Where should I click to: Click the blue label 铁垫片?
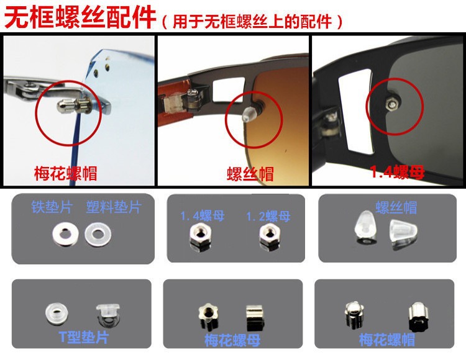click(52, 207)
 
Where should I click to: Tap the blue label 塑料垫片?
click(114, 207)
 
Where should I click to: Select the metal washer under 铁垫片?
click(65, 235)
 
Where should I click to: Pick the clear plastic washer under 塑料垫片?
click(98, 235)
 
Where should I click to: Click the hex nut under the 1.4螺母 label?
click(201, 237)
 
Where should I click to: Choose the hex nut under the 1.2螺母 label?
click(269, 236)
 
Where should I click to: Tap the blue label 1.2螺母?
click(268, 217)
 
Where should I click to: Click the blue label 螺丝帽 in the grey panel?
click(396, 207)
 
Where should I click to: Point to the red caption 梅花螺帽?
click(65, 174)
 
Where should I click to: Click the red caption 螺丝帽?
click(250, 174)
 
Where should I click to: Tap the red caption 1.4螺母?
click(397, 172)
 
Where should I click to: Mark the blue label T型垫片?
click(84, 338)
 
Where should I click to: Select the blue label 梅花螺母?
click(232, 340)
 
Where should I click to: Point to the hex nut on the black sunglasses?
click(390, 104)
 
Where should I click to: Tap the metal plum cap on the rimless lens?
click(73, 106)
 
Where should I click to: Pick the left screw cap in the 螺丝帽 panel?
click(365, 228)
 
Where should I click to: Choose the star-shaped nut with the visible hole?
click(208, 315)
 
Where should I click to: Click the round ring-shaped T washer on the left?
click(57, 313)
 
